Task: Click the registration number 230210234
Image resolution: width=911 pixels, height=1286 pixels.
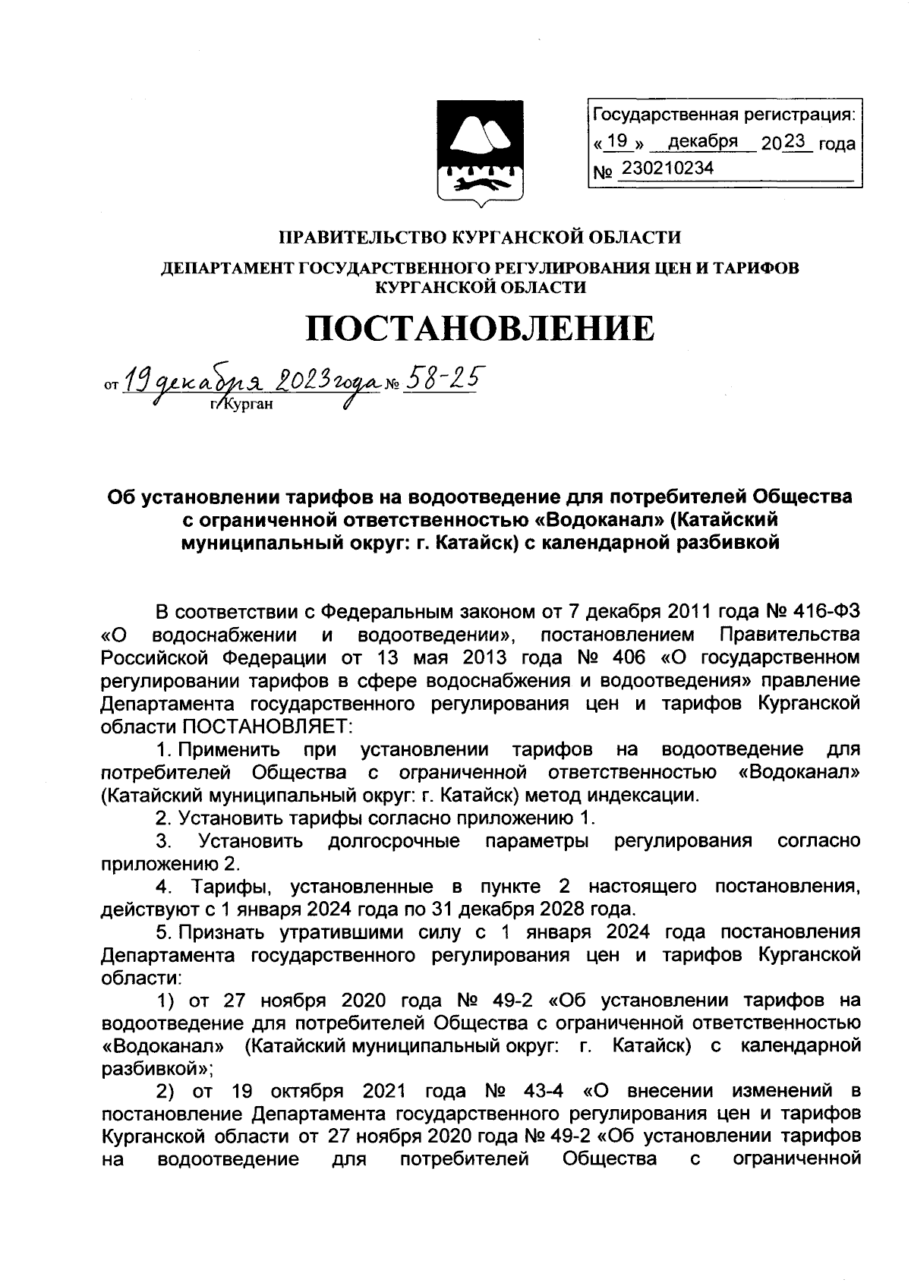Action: point(667,169)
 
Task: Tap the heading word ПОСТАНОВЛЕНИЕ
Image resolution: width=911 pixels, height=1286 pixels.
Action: point(480,328)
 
